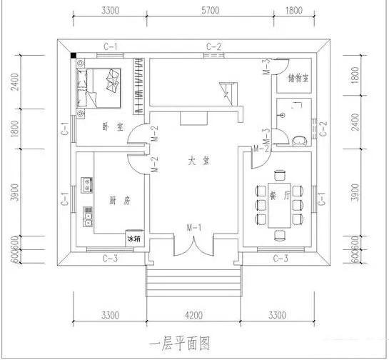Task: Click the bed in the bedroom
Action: pyautogui.click(x=104, y=87)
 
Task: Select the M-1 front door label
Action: pyautogui.click(x=193, y=227)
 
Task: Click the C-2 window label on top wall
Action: pyautogui.click(x=214, y=47)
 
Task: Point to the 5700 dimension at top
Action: pyautogui.click(x=213, y=12)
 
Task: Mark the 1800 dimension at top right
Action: pyautogui.click(x=293, y=12)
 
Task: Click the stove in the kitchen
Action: pyautogui.click(x=88, y=185)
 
